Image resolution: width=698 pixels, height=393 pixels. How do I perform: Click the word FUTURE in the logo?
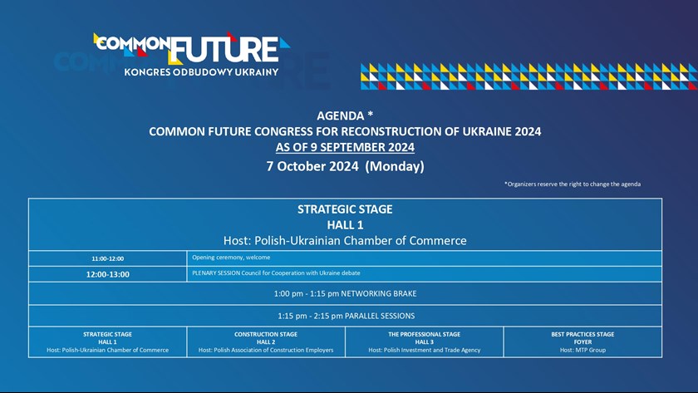coord(226,49)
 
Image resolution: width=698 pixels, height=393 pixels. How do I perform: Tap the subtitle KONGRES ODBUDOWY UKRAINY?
coord(201,72)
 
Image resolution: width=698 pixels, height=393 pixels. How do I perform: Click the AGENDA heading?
coord(341,115)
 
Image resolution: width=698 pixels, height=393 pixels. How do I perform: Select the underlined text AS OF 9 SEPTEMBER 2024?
coord(345,147)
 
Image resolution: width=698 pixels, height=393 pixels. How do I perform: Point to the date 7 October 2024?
coord(312,166)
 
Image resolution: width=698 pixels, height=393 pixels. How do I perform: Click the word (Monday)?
coord(395,166)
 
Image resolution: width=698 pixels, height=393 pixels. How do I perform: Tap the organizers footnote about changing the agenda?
coord(573,184)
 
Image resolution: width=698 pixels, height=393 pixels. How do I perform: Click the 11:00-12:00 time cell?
coord(108,258)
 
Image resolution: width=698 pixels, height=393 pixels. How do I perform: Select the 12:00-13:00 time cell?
coord(108,274)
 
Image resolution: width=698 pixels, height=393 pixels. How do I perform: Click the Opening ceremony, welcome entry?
coord(231,258)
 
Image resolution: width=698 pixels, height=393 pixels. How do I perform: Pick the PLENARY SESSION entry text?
coord(276,273)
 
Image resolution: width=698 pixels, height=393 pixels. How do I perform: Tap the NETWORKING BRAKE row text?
coord(346,294)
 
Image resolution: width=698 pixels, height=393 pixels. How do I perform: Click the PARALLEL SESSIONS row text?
coord(346,316)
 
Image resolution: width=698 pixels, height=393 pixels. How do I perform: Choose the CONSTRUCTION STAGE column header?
coord(266,334)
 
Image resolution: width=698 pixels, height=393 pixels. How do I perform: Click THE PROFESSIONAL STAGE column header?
coord(425,334)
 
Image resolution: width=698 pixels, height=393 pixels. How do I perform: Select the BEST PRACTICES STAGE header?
coord(582,334)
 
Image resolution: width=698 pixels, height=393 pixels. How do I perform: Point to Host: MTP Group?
coord(582,350)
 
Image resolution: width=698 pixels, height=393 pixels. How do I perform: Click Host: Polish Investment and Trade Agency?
coord(425,350)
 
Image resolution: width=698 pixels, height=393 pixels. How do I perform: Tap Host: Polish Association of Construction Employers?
coord(266,350)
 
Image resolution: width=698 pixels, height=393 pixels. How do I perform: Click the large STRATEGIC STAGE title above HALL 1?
coord(345,209)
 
